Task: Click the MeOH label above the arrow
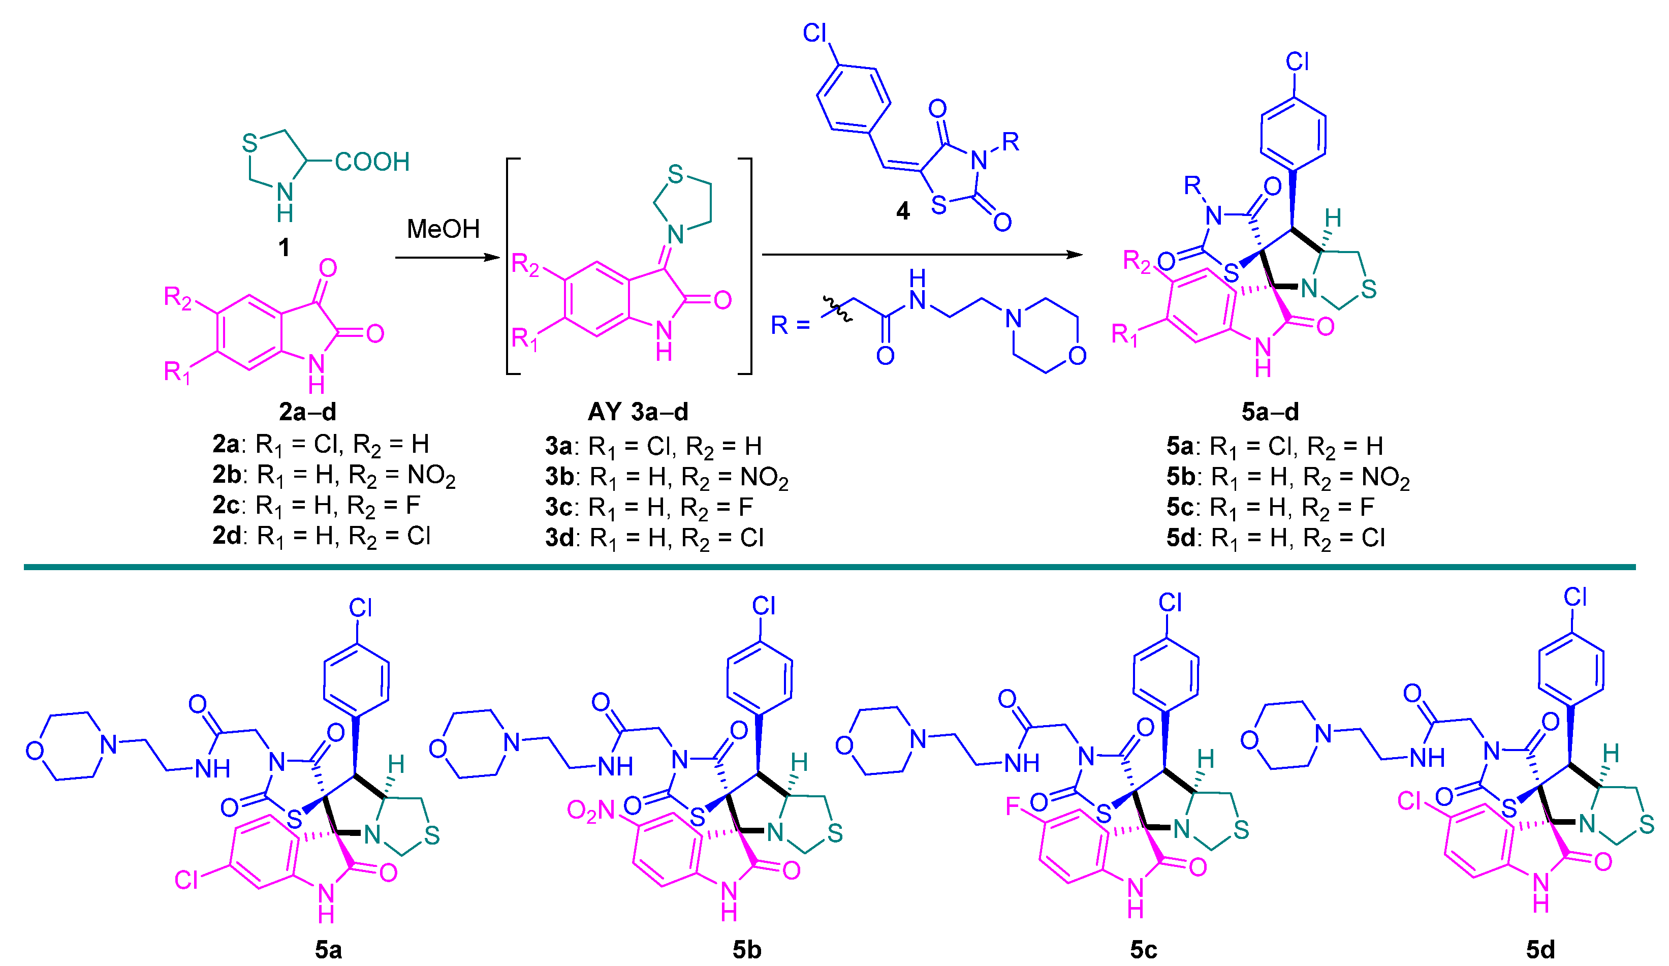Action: [x=443, y=229]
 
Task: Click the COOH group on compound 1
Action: [x=372, y=162]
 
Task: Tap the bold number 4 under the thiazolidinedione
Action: [x=903, y=211]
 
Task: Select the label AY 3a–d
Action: [x=638, y=412]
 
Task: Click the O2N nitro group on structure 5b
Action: [x=591, y=811]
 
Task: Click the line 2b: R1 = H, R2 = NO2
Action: [x=334, y=475]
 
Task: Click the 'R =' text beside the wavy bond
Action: [x=790, y=325]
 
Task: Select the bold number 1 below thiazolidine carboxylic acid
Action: [x=284, y=248]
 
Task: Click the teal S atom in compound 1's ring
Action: [x=249, y=142]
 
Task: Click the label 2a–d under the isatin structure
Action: [x=307, y=412]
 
